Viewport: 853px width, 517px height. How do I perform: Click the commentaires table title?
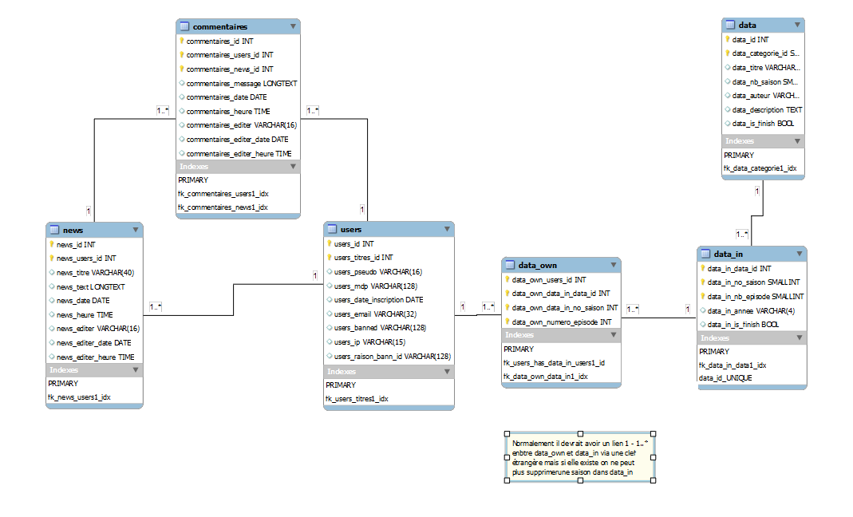pyautogui.click(x=219, y=26)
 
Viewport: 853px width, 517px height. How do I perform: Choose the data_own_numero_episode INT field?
pyautogui.click(x=561, y=322)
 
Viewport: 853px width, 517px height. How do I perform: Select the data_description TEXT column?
pyautogui.click(x=767, y=110)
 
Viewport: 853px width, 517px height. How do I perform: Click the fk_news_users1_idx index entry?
pyautogui.click(x=79, y=397)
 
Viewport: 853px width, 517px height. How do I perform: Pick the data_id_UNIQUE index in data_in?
pyautogui.click(x=725, y=378)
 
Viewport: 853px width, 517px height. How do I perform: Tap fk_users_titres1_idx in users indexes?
pyautogui.click(x=357, y=398)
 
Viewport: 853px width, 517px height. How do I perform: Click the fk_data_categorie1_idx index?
pyautogui.click(x=760, y=169)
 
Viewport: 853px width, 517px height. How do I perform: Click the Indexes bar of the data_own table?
pyautogui.click(x=560, y=335)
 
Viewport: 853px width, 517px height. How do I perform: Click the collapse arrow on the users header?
pyautogui.click(x=446, y=230)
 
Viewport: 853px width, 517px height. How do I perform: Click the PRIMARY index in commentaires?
pyautogui.click(x=193, y=180)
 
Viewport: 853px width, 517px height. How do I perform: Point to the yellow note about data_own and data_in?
pyautogui.click(x=579, y=457)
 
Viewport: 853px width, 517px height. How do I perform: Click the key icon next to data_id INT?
pyautogui.click(x=728, y=39)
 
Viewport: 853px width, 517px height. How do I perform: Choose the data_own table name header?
pyautogui.click(x=537, y=266)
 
